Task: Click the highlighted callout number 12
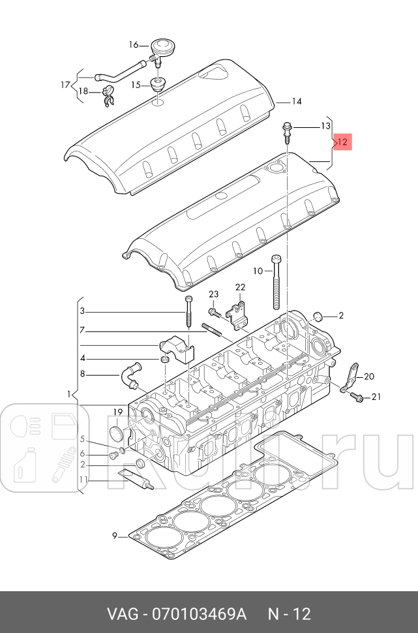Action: click(342, 142)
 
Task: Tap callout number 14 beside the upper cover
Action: click(297, 101)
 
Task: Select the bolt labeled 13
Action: click(286, 133)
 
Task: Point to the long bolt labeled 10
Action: click(276, 282)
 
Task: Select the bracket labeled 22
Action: click(237, 313)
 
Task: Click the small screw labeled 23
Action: click(214, 313)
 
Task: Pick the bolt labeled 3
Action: click(189, 313)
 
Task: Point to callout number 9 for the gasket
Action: click(115, 536)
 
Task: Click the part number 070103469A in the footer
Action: click(198, 614)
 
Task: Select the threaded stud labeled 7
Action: click(211, 328)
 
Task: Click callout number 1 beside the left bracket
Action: click(69, 394)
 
